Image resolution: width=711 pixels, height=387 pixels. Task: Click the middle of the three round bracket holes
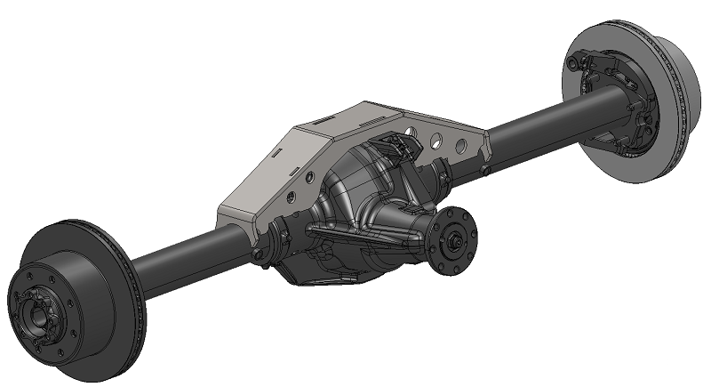point(436,140)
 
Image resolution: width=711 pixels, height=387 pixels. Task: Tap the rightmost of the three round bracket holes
point(462,145)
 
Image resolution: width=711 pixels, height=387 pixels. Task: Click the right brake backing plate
point(613,107)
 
